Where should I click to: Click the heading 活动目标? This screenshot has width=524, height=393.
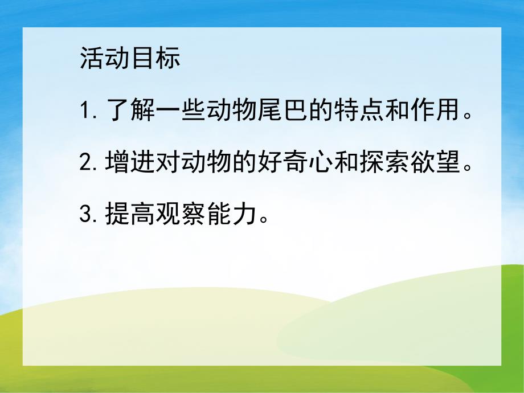pyautogui.click(x=130, y=58)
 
